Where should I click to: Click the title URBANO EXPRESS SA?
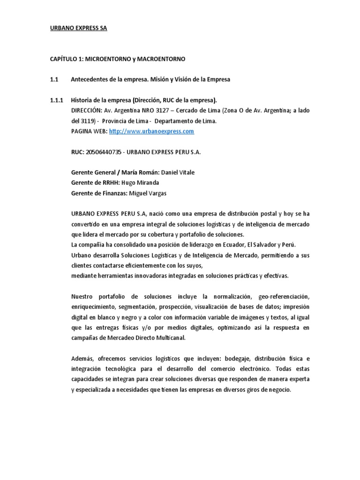[78, 28]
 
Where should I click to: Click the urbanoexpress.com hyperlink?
[151, 132]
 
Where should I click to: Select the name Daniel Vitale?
[178, 172]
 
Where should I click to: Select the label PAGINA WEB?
[89, 132]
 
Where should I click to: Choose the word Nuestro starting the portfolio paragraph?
[82, 297]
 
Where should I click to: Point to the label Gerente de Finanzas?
[98, 193]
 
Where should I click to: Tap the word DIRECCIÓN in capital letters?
[86, 111]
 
